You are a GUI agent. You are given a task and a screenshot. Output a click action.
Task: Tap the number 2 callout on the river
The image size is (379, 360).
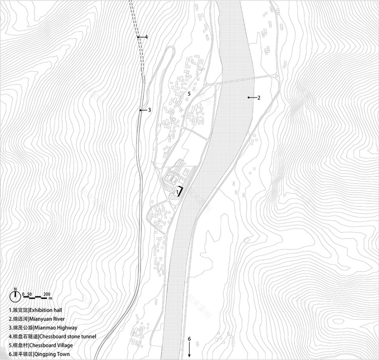pos(259,98)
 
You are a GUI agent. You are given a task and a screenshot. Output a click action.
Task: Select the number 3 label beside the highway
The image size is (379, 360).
pos(149,110)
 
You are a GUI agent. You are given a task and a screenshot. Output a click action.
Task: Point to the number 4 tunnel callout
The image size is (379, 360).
pos(146,37)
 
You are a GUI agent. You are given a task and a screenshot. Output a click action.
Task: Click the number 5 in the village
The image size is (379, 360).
pos(189,93)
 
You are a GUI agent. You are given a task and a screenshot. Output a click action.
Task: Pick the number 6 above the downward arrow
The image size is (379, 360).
pos(189,337)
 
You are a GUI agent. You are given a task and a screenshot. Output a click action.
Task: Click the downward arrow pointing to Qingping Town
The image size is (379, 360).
pos(189,350)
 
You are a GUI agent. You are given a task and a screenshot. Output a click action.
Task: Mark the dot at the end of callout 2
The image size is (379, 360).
pos(249,98)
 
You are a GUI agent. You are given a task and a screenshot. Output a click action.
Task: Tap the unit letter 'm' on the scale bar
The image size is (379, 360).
pos(50,298)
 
